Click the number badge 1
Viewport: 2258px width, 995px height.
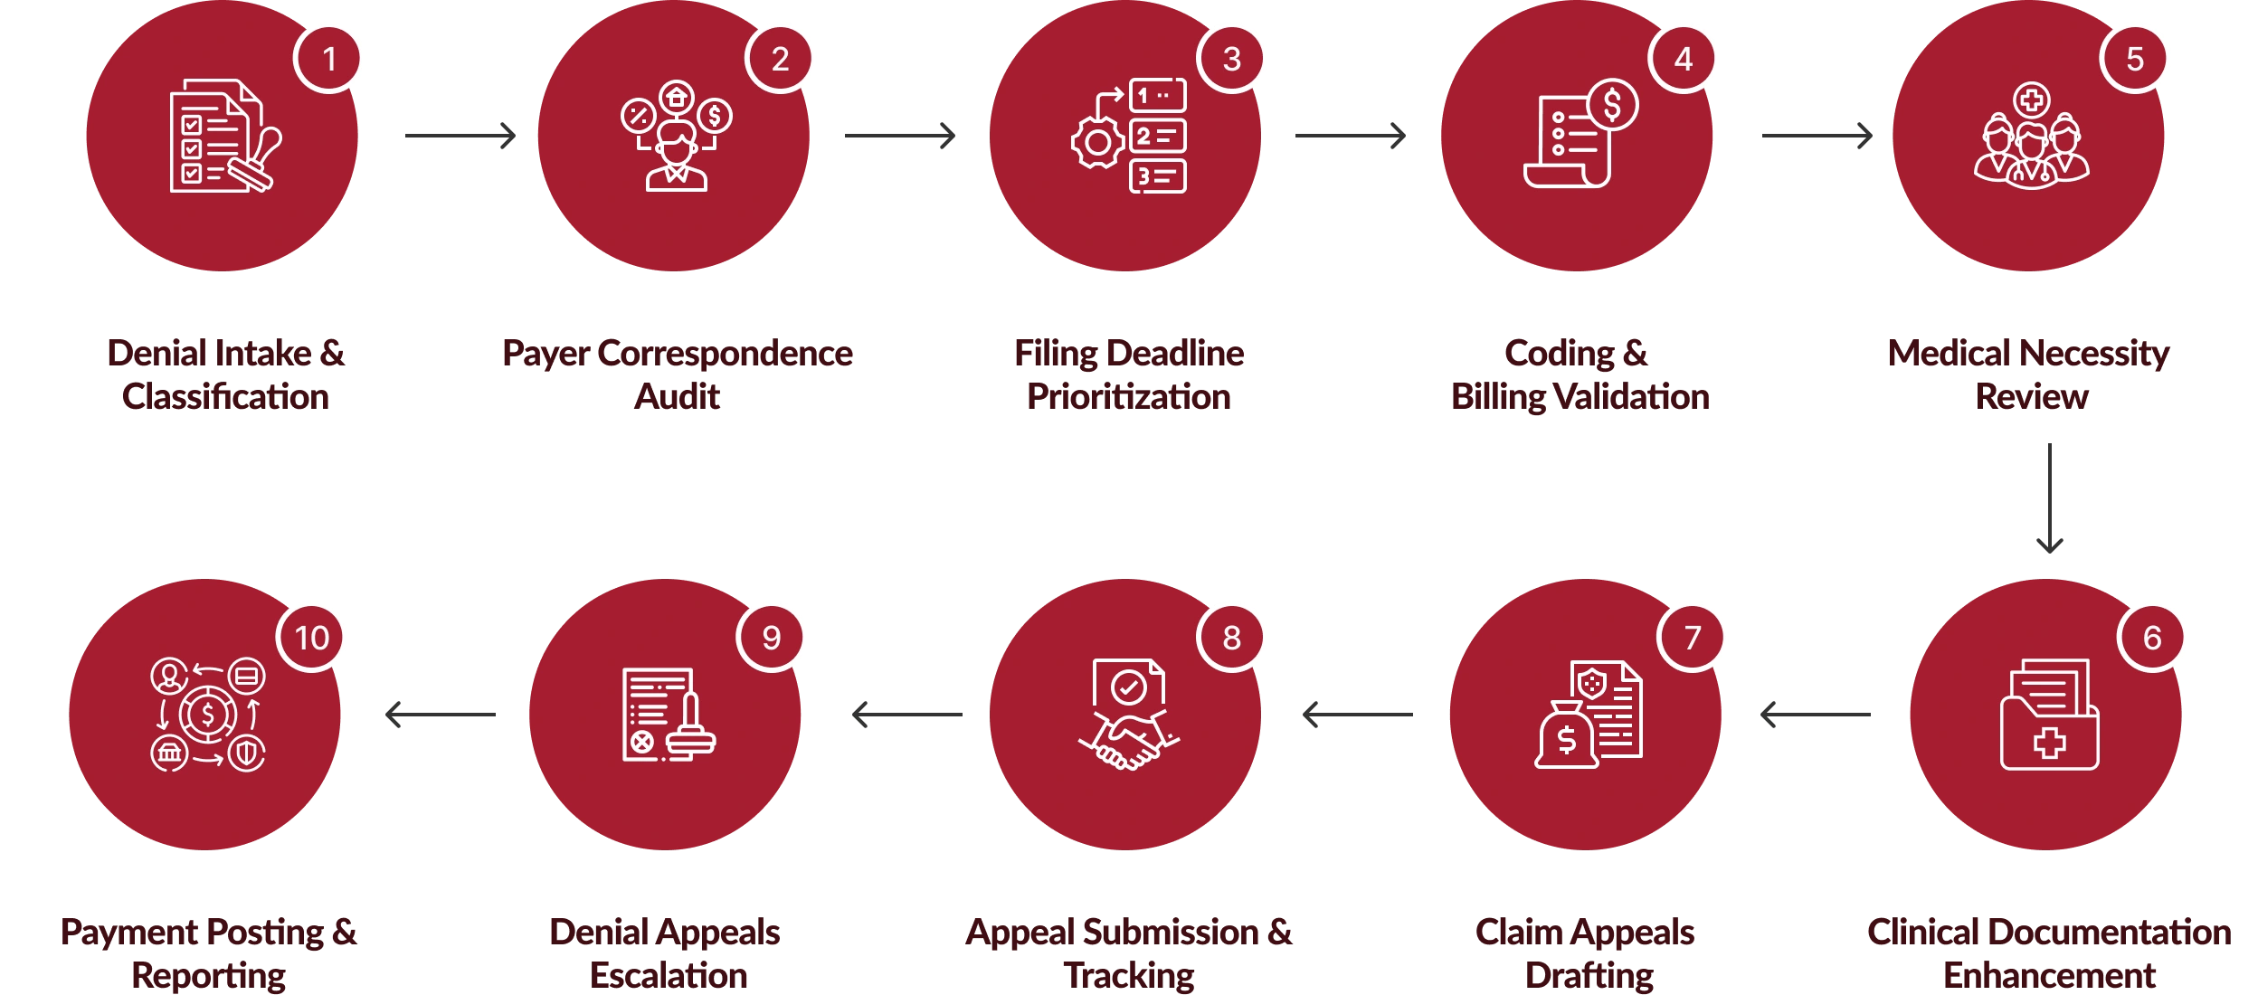click(328, 59)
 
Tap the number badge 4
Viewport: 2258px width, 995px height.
click(1683, 59)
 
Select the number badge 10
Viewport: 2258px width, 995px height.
click(312, 638)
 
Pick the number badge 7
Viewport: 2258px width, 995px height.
click(1692, 638)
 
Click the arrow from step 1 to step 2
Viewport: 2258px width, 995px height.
click(463, 135)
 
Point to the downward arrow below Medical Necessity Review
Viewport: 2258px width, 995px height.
click(2050, 497)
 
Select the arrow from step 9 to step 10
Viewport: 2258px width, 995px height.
click(441, 714)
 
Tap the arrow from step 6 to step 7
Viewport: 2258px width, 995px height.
click(1816, 714)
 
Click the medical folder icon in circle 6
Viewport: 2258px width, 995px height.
click(2049, 715)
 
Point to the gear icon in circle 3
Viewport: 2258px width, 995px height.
click(1097, 142)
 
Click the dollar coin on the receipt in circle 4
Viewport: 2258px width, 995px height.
click(1612, 105)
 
